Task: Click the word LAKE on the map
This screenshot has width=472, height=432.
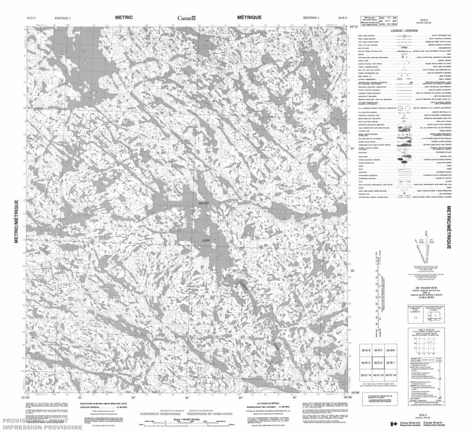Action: coord(206,240)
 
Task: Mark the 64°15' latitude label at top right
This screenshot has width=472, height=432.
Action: coord(353,27)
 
